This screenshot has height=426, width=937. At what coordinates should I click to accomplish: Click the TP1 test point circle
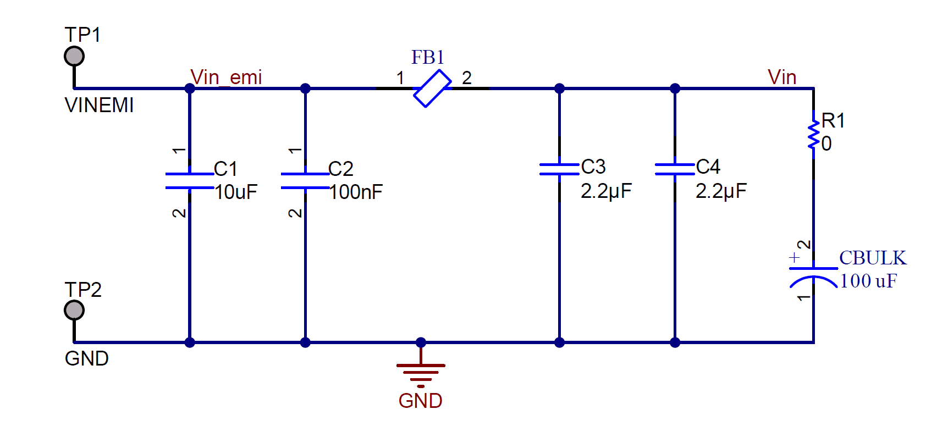(x=74, y=56)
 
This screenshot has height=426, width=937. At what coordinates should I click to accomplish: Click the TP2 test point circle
(x=74, y=310)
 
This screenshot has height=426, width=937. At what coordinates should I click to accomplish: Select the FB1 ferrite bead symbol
(x=432, y=88)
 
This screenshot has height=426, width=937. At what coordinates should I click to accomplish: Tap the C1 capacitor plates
(x=190, y=181)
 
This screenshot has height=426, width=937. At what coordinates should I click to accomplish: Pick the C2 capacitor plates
(x=305, y=181)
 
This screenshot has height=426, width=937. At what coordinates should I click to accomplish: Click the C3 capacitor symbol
(x=559, y=169)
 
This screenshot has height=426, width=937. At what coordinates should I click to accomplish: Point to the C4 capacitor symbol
(x=675, y=169)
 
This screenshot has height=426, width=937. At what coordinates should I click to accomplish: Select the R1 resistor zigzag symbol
(x=813, y=135)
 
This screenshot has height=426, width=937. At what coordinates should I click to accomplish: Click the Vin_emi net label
(x=226, y=78)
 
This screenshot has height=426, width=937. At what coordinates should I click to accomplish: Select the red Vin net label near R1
(x=782, y=78)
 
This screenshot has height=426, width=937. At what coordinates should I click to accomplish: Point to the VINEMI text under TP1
(x=99, y=105)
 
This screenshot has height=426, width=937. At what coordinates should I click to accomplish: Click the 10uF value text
(x=236, y=192)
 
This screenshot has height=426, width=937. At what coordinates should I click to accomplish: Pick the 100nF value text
(x=356, y=192)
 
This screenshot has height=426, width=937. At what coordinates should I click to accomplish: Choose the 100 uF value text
(x=868, y=281)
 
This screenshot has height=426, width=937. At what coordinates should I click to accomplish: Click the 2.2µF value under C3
(x=606, y=191)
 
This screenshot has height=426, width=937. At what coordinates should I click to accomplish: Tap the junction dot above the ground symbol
(x=421, y=342)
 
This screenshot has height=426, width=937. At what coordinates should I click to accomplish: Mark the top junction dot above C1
(x=190, y=88)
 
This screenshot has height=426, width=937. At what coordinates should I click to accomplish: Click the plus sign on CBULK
(x=794, y=257)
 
